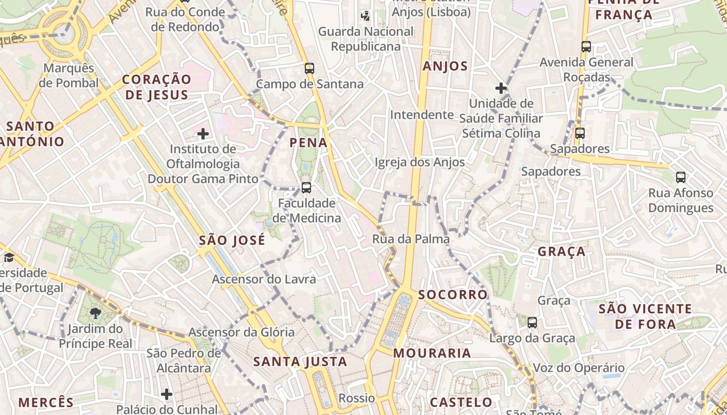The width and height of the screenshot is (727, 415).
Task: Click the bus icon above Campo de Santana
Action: click(x=309, y=68)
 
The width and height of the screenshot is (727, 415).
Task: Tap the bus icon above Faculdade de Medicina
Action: click(x=306, y=187)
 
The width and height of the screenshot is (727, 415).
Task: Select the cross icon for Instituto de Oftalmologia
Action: click(x=203, y=134)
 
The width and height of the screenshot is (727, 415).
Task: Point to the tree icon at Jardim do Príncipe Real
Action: click(x=95, y=313)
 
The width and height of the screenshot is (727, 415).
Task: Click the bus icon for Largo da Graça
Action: click(x=532, y=323)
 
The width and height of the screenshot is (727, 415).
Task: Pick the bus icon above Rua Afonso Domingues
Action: click(x=681, y=177)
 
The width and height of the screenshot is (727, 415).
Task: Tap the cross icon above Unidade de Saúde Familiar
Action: click(x=501, y=88)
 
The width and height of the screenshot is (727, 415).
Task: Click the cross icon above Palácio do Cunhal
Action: click(x=167, y=394)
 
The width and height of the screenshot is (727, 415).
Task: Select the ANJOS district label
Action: click(x=445, y=66)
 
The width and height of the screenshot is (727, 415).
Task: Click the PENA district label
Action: click(x=308, y=143)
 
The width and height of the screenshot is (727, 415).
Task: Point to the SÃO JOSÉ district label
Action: click(x=232, y=240)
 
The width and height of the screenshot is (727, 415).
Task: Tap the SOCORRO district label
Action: click(x=453, y=295)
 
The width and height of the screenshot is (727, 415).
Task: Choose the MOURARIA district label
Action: click(x=432, y=353)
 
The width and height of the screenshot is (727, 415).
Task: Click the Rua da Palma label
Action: click(x=411, y=239)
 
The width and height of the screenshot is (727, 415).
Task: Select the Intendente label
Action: click(x=422, y=114)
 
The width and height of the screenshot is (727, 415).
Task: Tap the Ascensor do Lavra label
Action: click(x=264, y=279)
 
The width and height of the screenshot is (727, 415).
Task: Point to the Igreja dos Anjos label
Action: click(x=420, y=162)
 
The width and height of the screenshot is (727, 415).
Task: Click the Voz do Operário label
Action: click(x=579, y=368)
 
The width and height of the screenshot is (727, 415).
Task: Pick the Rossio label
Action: click(x=357, y=398)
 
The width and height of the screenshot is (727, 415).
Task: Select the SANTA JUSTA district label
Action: click(x=300, y=362)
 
